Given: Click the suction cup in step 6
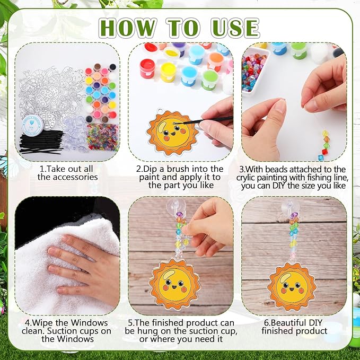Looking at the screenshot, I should [293, 207].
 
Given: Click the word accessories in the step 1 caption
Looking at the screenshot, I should [67, 177].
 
